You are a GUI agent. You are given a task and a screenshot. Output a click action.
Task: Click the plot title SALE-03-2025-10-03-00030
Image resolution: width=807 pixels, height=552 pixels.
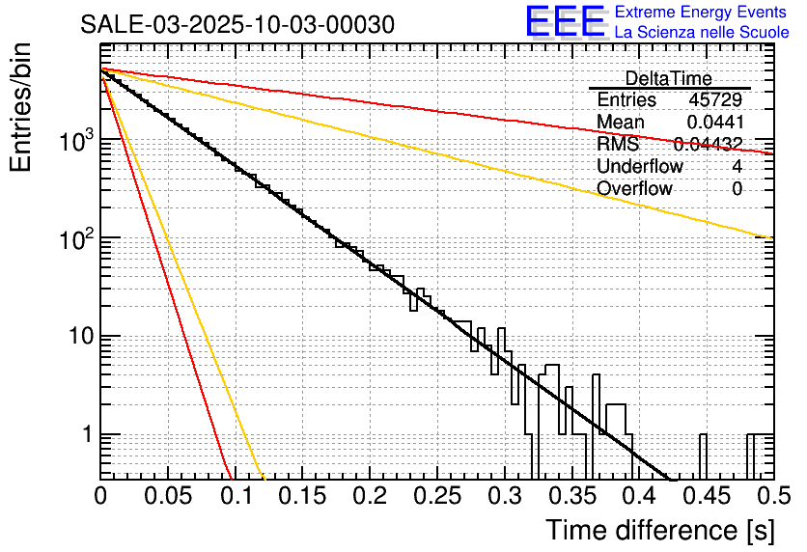(x=237, y=25)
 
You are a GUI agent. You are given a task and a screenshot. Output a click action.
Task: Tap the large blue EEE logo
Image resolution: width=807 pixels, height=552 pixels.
(x=565, y=23)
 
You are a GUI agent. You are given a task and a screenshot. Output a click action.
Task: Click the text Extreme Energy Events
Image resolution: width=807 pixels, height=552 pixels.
(x=702, y=13)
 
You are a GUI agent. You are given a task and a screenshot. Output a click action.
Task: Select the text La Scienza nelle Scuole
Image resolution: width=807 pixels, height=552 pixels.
(x=702, y=33)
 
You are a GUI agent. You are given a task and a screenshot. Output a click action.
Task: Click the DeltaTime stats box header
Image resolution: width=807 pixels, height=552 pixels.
(x=668, y=78)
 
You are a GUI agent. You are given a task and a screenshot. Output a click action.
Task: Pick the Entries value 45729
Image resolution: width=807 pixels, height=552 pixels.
(x=715, y=100)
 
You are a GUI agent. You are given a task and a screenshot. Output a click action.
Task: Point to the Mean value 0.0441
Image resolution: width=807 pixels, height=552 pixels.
(x=714, y=123)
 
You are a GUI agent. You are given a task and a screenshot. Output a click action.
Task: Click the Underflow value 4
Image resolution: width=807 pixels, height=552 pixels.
(x=737, y=167)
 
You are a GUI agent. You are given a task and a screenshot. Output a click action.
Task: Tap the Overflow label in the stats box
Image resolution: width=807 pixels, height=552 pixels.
(x=634, y=189)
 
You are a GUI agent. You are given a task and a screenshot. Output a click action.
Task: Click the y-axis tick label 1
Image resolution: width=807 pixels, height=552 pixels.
(x=86, y=435)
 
